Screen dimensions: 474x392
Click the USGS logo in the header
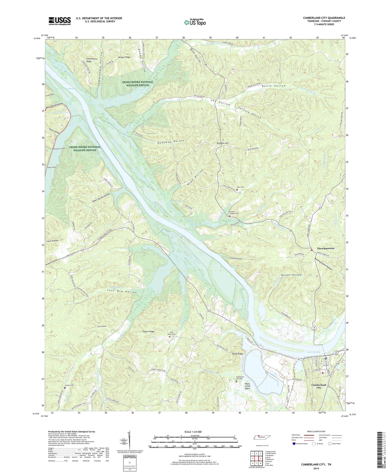[60, 21]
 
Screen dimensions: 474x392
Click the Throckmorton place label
[326, 248]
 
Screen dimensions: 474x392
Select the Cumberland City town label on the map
[318, 386]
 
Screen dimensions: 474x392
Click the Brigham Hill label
[222, 143]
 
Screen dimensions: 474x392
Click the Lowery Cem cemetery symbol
[65, 388]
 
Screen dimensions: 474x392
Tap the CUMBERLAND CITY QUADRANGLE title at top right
[324, 18]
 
